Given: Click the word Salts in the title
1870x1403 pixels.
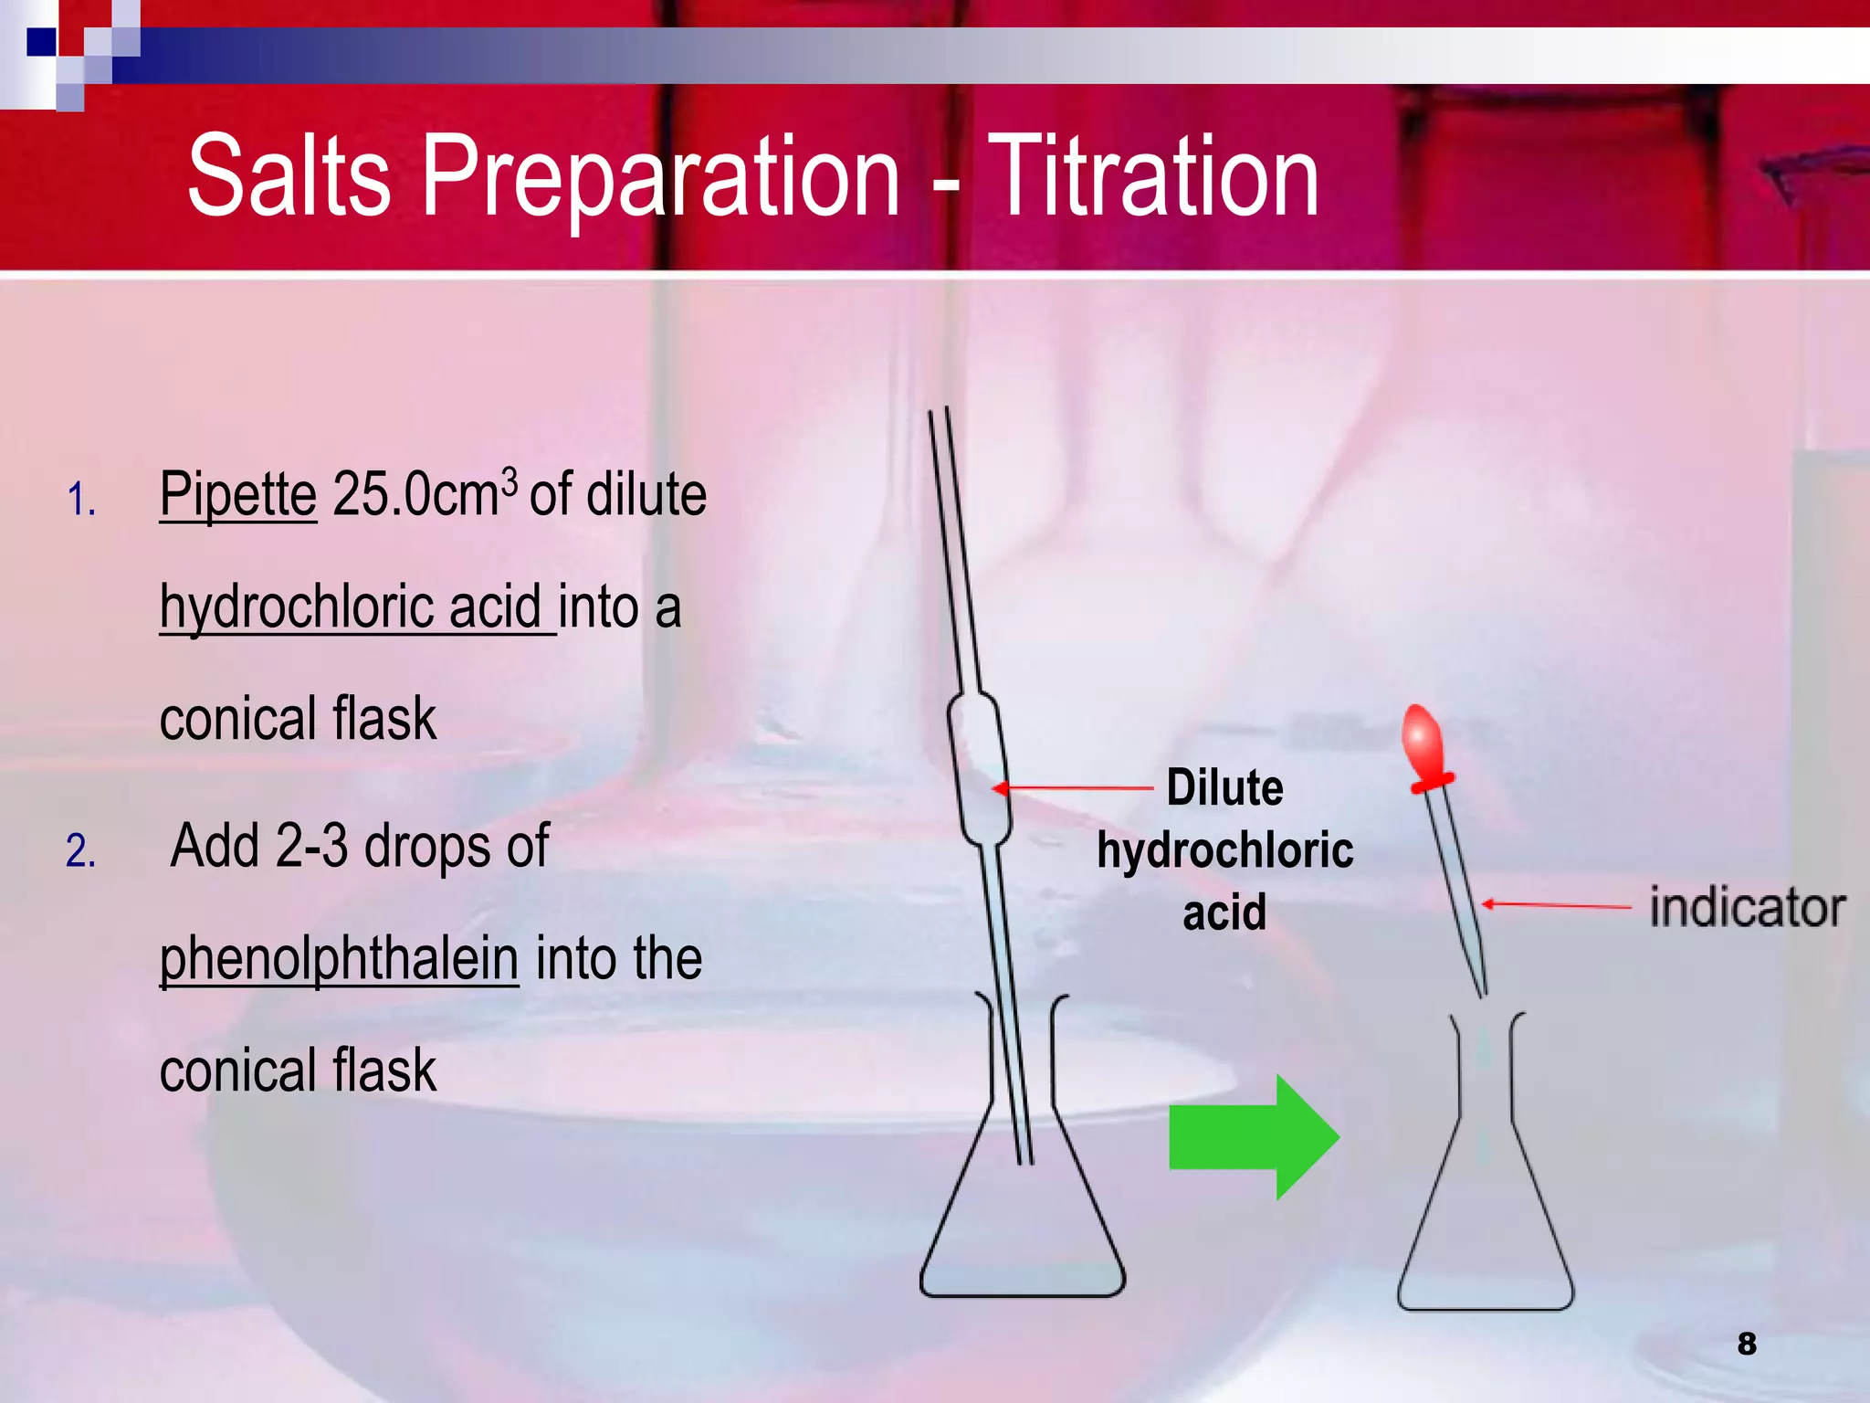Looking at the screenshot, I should click(289, 175).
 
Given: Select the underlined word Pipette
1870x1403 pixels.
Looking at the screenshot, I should click(238, 495).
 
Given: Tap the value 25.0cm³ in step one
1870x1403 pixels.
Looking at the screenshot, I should click(425, 495).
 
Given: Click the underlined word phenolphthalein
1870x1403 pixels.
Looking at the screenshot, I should click(339, 959).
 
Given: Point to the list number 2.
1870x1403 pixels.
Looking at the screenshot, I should click(80, 851).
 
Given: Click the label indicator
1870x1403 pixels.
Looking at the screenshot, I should click(1747, 908).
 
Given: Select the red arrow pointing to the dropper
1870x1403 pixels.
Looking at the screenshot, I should click(1556, 905).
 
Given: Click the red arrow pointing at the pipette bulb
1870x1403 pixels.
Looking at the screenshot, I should click(1073, 787).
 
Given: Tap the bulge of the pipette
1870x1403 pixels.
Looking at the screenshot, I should click(979, 767).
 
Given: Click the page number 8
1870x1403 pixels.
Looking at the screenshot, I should click(1746, 1344).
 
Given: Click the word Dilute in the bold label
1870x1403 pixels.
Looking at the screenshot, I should click(1224, 787).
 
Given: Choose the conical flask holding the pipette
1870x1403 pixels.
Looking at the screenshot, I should click(1023, 1215).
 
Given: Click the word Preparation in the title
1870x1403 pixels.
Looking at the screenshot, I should click(660, 175).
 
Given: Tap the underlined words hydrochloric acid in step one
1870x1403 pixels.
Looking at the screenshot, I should click(356, 607).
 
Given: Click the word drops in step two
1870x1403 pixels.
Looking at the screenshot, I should click(427, 846).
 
